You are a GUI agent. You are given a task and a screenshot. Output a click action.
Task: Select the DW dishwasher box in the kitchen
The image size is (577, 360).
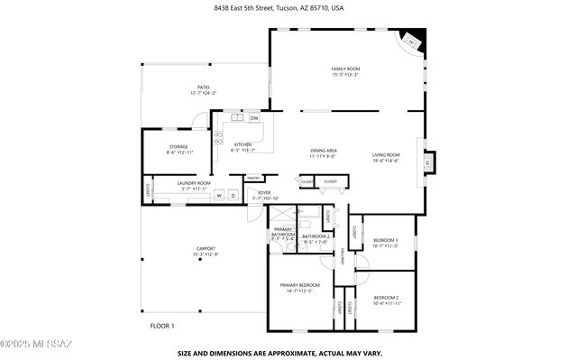[254, 118]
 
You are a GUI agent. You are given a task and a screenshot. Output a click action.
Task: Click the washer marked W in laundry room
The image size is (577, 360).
[218, 195]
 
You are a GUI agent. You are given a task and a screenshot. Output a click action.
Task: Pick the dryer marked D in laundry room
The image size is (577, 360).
[232, 195]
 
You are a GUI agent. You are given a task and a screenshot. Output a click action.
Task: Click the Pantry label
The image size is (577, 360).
[253, 178]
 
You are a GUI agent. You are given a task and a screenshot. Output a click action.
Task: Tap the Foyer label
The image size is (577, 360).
[264, 194]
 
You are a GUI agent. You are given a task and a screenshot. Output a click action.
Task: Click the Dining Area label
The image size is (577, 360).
[324, 152]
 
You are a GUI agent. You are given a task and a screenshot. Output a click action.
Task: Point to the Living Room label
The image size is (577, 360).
[386, 155]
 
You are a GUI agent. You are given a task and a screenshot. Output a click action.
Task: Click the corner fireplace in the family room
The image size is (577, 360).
[412, 41]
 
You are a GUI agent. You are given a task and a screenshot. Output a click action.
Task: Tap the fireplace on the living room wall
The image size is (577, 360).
[430, 162]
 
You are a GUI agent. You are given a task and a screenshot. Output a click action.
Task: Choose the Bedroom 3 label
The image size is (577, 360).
[385, 241]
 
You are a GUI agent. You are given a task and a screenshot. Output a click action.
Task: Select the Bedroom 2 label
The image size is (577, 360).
[386, 299]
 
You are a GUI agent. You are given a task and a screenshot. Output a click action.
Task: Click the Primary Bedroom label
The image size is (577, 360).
[299, 286]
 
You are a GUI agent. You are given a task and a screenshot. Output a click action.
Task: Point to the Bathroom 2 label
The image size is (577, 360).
[315, 238]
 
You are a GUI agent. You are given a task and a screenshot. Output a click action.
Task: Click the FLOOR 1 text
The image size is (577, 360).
[161, 326]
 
